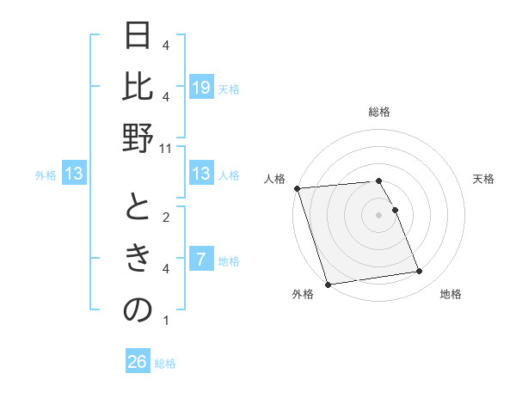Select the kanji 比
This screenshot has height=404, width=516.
[x=138, y=86]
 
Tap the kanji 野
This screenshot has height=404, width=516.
[x=138, y=138]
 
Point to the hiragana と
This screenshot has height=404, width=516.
[x=138, y=206]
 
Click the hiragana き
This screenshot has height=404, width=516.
[x=138, y=258]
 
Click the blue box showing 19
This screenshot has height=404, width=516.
[x=200, y=88]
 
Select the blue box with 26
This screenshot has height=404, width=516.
[x=138, y=362]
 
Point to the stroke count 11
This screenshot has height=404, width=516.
[x=166, y=148]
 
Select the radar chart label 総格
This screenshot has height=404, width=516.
[x=378, y=112]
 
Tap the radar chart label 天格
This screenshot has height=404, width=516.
[x=483, y=179]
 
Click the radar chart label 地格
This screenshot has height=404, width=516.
[x=451, y=294]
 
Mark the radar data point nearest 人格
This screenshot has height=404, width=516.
[x=297, y=188]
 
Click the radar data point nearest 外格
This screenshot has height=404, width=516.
[x=328, y=284]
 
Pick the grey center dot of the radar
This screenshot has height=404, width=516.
[x=378, y=214]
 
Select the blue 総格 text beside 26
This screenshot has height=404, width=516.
[x=165, y=364]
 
